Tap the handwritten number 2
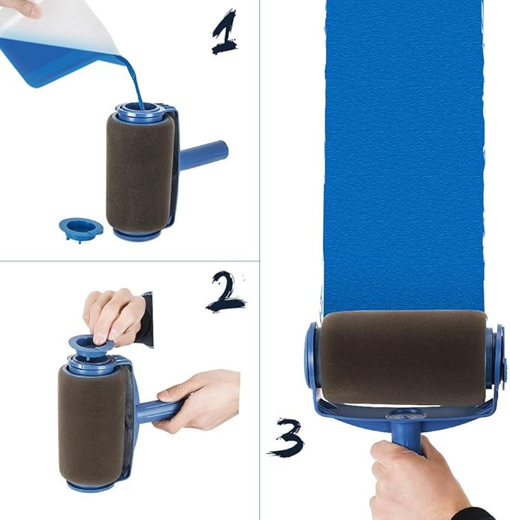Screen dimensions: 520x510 pyautogui.click(x=225, y=291)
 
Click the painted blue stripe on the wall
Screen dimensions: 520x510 pyautogui.click(x=403, y=150)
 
